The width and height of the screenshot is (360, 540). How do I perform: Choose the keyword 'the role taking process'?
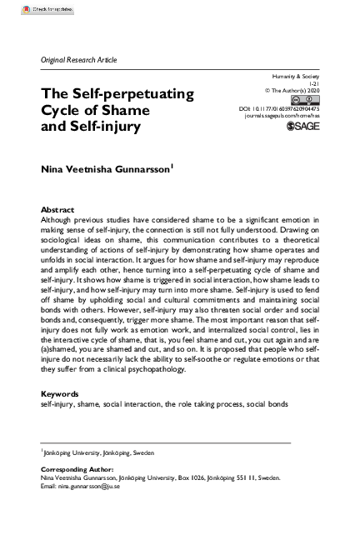point(202,403)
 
